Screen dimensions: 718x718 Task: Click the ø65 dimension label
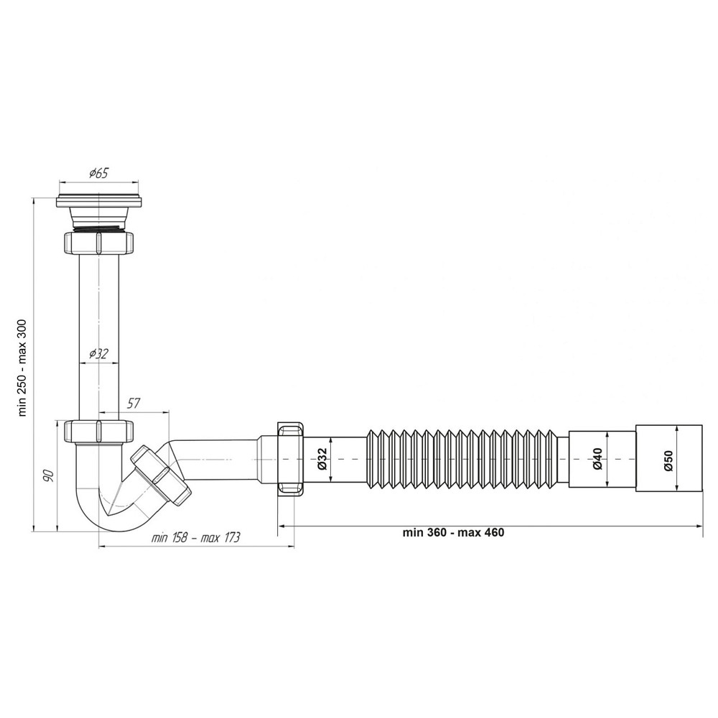98,172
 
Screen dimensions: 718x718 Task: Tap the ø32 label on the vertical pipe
98,353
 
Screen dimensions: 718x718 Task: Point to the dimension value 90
47,475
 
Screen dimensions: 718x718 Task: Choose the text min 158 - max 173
195,538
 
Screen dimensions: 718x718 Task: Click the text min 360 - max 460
454,532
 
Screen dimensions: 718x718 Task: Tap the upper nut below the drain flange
99,243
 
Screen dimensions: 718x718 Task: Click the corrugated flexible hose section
467,458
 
